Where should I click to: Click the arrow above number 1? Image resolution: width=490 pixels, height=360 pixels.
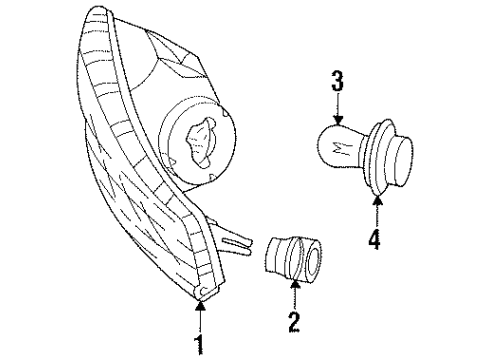(x=200, y=318)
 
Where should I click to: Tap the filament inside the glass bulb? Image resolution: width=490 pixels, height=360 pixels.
(x=337, y=149)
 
